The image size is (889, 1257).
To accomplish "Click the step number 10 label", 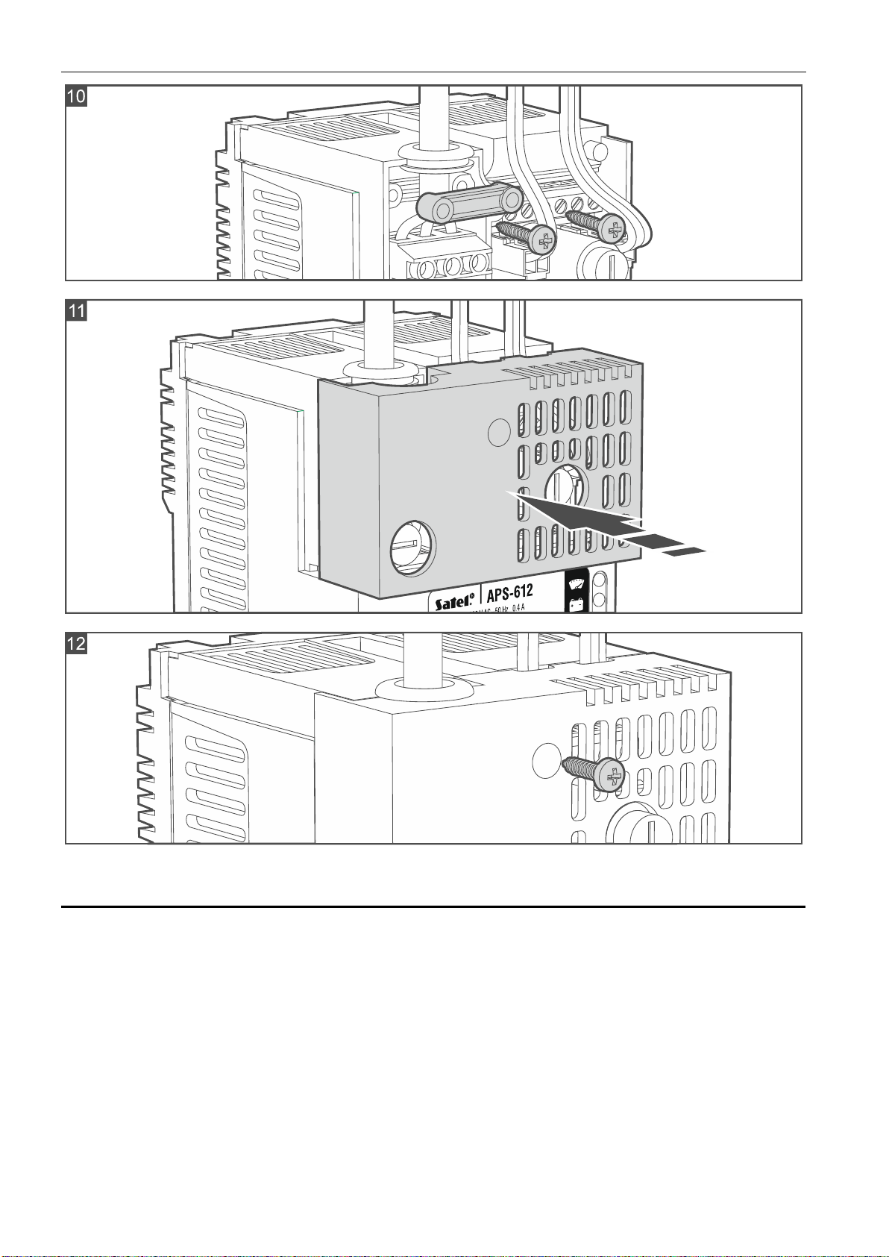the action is click(77, 96).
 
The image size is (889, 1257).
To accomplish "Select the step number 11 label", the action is click(77, 310).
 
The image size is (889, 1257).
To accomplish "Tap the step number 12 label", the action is click(77, 643).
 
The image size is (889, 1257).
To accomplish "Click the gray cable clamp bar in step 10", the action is click(468, 204).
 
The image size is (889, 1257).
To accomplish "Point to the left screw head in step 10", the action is click(545, 240).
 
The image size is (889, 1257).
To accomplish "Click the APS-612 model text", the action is click(510, 593).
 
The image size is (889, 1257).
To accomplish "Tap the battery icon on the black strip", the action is click(575, 605).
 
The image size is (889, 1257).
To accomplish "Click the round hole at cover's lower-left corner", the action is click(413, 548).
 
